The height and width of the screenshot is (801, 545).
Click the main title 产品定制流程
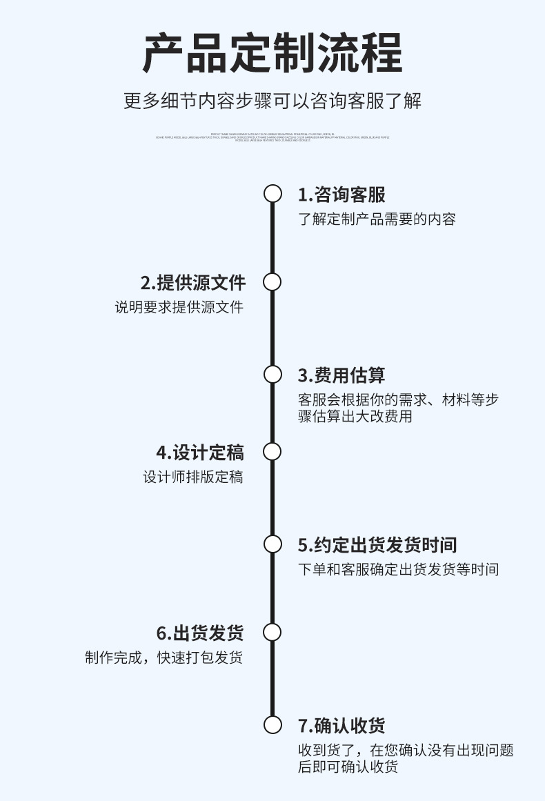[x=272, y=53]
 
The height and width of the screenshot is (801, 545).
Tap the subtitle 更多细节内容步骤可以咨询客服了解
[x=272, y=101]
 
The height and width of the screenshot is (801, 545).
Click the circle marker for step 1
[x=272, y=194]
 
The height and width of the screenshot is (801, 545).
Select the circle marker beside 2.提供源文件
[x=272, y=282]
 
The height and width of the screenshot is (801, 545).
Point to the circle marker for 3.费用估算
[x=272, y=375]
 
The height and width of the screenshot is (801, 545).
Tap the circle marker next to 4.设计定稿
[x=272, y=452]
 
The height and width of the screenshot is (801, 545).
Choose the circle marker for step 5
[x=272, y=544]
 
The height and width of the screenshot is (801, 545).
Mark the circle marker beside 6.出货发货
[x=272, y=632]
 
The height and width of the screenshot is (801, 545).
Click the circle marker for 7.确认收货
[x=272, y=724]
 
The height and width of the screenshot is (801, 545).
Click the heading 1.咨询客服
[x=341, y=195]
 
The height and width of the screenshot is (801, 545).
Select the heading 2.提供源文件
[x=193, y=283]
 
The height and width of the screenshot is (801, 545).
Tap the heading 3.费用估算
[x=341, y=375]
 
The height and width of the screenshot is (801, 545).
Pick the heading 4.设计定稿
[x=200, y=453]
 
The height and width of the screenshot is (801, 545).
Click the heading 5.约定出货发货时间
[x=377, y=545]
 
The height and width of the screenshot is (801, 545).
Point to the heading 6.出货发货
[x=200, y=633]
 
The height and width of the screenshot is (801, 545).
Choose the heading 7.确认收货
[x=341, y=726]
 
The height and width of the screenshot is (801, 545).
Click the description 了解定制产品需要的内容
[x=377, y=220]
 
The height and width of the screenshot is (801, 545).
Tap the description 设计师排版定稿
[x=193, y=477]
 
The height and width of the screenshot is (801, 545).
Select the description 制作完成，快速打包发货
[x=164, y=657]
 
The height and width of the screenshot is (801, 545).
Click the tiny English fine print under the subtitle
[x=272, y=137]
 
